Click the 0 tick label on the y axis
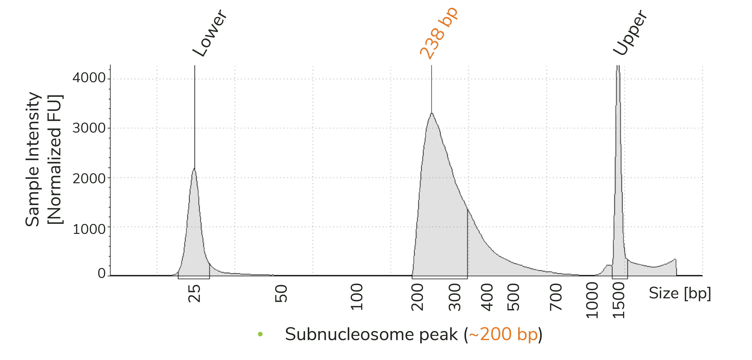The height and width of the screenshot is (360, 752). tap(102, 274)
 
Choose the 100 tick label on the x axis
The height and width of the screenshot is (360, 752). tap(356, 297)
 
